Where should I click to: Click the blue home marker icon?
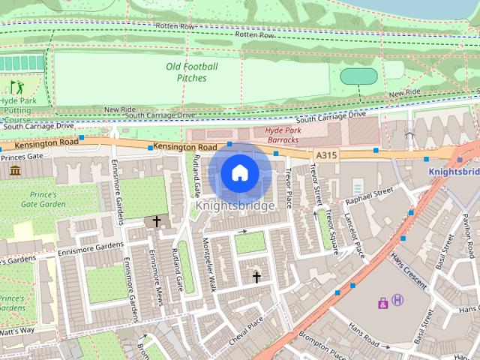[238, 173]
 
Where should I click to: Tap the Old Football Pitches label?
[191, 72]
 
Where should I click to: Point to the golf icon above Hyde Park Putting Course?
[16, 88]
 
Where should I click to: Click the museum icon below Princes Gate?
[16, 171]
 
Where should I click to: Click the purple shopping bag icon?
[383, 303]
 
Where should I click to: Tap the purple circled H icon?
[398, 300]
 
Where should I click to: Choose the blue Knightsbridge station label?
[453, 171]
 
